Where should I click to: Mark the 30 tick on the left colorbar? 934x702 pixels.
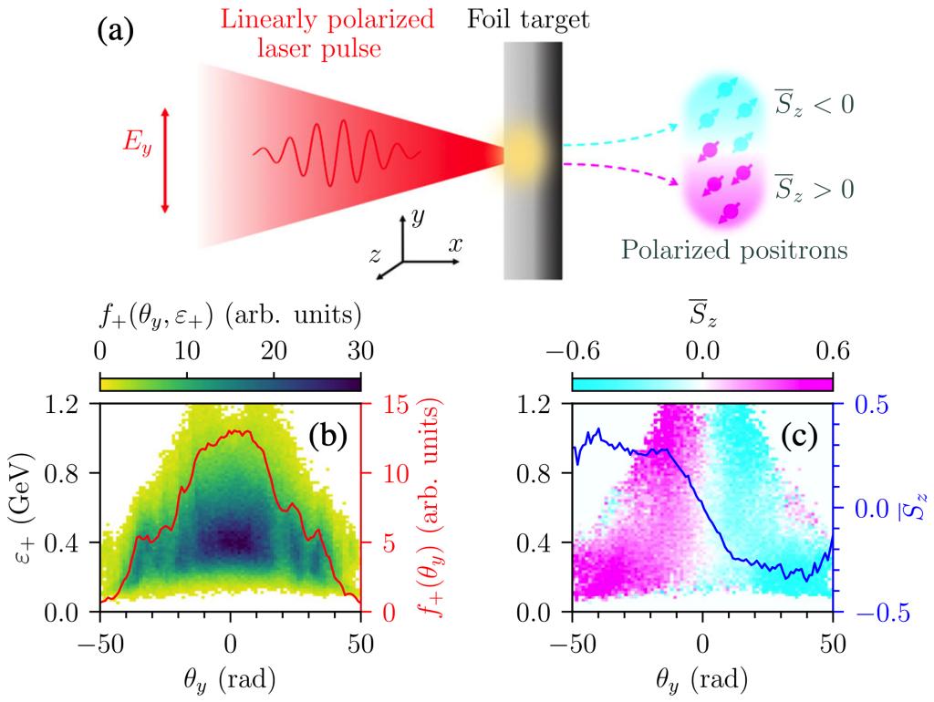(x=361, y=349)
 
